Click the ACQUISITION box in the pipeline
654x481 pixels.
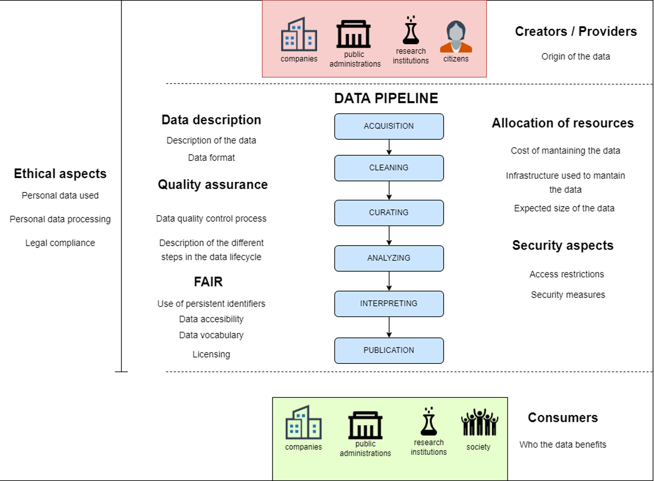pos(389,126)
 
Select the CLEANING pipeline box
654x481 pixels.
pos(389,168)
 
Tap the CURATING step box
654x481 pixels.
pos(389,213)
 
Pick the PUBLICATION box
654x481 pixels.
pos(389,350)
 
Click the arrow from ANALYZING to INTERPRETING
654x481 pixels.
pos(389,281)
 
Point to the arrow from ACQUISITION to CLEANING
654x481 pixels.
pos(389,147)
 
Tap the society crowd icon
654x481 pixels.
pos(479,423)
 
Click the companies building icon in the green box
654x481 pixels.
pos(304,422)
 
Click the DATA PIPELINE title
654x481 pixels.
pos(386,99)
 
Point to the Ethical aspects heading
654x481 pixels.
pos(60,174)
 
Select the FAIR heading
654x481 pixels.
pos(208,282)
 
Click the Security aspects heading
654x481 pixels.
pos(562,246)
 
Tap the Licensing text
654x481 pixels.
pos(211,355)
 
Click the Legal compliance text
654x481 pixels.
pos(60,243)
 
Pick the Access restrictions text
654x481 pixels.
pos(567,275)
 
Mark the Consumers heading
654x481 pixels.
pos(562,418)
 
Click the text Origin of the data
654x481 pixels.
pos(576,57)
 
